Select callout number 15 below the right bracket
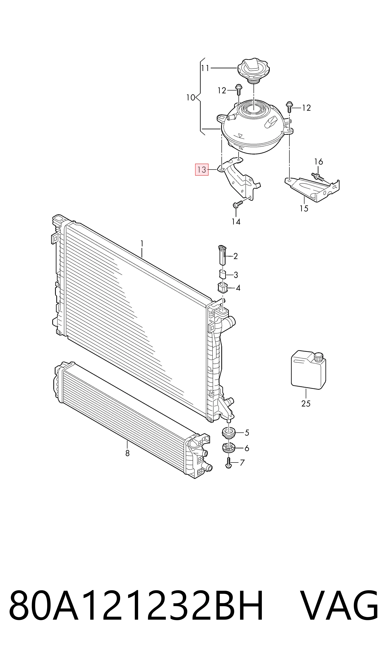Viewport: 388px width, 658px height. (x=304, y=209)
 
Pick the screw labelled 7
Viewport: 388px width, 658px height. (x=228, y=463)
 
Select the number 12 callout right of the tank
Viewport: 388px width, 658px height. (x=306, y=108)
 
